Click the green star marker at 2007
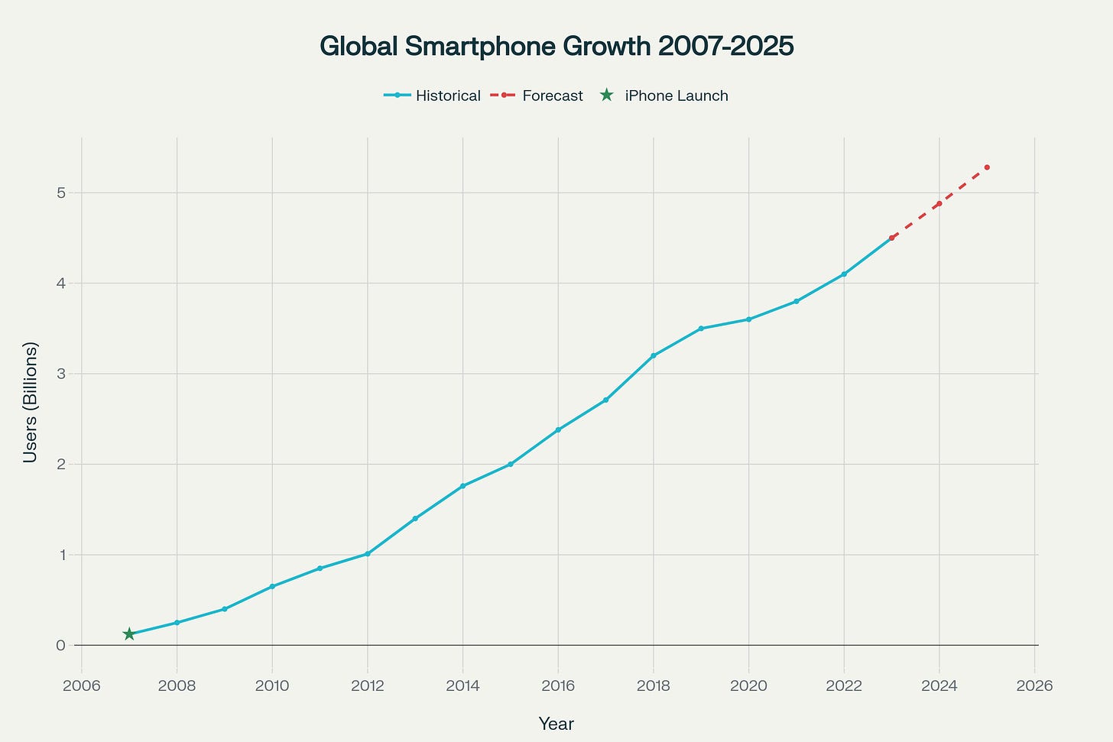pyautogui.click(x=129, y=633)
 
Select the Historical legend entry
pyautogui.click(x=432, y=96)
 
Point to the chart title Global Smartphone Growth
pyautogui.click(x=556, y=47)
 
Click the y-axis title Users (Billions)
pyautogui.click(x=30, y=402)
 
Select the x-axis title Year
pyautogui.click(x=556, y=724)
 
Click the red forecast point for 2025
pyautogui.click(x=987, y=167)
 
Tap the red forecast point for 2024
pyautogui.click(x=939, y=204)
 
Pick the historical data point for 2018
pyautogui.click(x=654, y=355)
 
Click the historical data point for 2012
pyautogui.click(x=368, y=553)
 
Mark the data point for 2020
pyautogui.click(x=748, y=319)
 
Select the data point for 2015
pyautogui.click(x=511, y=464)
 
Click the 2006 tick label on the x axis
pyautogui.click(x=82, y=685)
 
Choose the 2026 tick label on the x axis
pyautogui.click(x=1034, y=685)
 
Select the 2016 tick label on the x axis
pyautogui.click(x=558, y=685)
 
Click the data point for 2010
pyautogui.click(x=272, y=586)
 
